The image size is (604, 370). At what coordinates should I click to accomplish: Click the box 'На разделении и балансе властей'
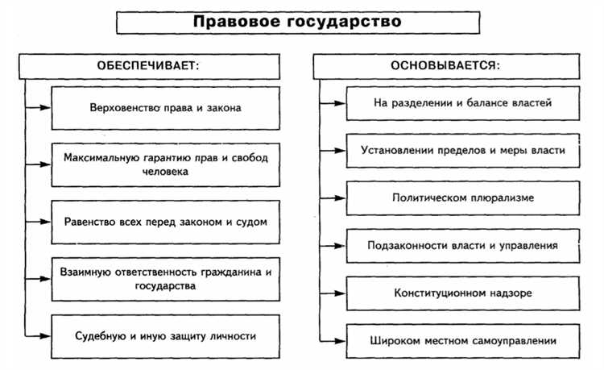point(462,103)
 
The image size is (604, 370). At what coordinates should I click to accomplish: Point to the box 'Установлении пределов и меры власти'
point(462,150)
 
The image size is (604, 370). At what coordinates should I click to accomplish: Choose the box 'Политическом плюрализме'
point(462,197)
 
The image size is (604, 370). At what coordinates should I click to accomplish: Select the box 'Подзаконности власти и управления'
point(462,243)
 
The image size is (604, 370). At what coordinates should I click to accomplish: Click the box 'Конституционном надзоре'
point(462,293)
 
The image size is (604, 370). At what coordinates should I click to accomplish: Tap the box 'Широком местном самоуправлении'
point(462,340)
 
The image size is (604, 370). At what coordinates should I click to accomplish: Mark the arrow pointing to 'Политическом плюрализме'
point(333,197)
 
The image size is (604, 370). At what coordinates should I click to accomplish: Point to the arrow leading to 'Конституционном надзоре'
point(333,293)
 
